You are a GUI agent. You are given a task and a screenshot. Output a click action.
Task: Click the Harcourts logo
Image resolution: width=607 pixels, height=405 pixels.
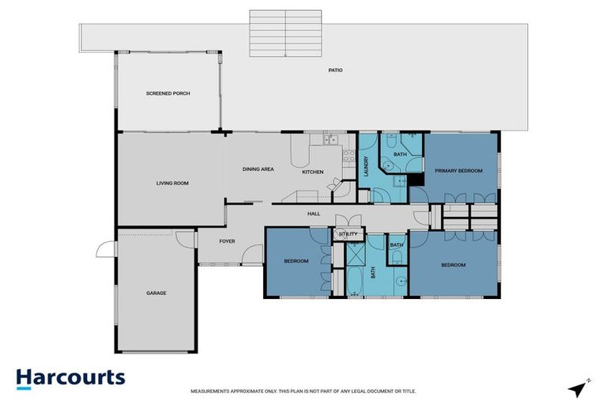(70, 377)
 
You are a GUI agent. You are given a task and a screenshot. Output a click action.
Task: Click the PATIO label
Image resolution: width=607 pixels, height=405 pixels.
(336, 70)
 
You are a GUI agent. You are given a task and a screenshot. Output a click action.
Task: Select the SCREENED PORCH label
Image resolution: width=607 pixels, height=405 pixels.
(168, 93)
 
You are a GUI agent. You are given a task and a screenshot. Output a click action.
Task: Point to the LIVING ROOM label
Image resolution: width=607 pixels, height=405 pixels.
(172, 183)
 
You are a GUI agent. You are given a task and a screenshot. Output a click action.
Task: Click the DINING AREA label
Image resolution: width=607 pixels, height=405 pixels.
(258, 169)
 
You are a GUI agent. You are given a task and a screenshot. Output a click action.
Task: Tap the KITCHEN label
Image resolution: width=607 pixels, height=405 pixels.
(313, 172)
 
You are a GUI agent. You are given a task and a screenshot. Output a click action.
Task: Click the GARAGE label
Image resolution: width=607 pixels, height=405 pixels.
(156, 293)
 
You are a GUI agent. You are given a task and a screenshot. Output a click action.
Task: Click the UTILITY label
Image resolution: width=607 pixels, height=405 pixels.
(348, 234)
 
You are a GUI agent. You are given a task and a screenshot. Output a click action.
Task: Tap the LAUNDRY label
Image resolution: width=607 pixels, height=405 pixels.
(367, 166)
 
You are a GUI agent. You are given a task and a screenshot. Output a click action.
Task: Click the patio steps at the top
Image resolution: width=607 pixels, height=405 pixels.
(285, 33)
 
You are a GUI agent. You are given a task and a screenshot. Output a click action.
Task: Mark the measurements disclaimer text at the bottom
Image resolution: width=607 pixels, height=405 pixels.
(303, 392)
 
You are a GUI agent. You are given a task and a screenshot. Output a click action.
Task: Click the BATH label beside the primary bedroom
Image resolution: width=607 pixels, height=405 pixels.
(400, 154)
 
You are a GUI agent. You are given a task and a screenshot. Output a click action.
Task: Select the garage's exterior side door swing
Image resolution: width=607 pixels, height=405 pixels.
(104, 250)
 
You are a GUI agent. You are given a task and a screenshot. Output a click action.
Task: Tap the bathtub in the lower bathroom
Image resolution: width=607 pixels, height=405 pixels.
(355, 282)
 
